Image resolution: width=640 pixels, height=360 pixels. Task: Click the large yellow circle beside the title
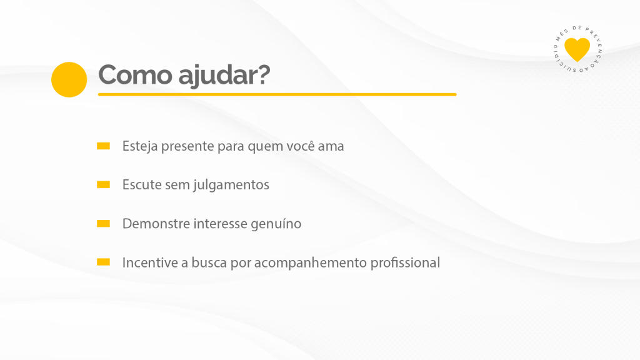point(69,79)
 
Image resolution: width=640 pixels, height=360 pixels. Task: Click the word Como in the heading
point(135,75)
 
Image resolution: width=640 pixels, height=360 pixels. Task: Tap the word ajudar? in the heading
point(224,76)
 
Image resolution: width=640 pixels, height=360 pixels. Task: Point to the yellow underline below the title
point(277,94)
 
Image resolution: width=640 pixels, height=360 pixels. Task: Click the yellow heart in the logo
point(577,49)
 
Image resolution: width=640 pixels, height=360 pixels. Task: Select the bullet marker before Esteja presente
point(103,146)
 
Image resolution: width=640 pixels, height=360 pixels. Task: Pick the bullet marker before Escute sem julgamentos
point(103,184)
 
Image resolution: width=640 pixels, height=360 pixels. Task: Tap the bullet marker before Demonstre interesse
point(103,223)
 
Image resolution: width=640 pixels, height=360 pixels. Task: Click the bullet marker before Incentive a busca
point(103,262)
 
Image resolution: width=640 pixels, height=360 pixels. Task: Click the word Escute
point(142,184)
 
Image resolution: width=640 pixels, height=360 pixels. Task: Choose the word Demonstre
point(156,224)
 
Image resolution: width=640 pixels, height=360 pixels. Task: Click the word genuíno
point(276,224)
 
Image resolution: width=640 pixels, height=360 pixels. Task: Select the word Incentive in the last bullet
point(150,262)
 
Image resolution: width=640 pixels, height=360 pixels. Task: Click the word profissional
point(405,263)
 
